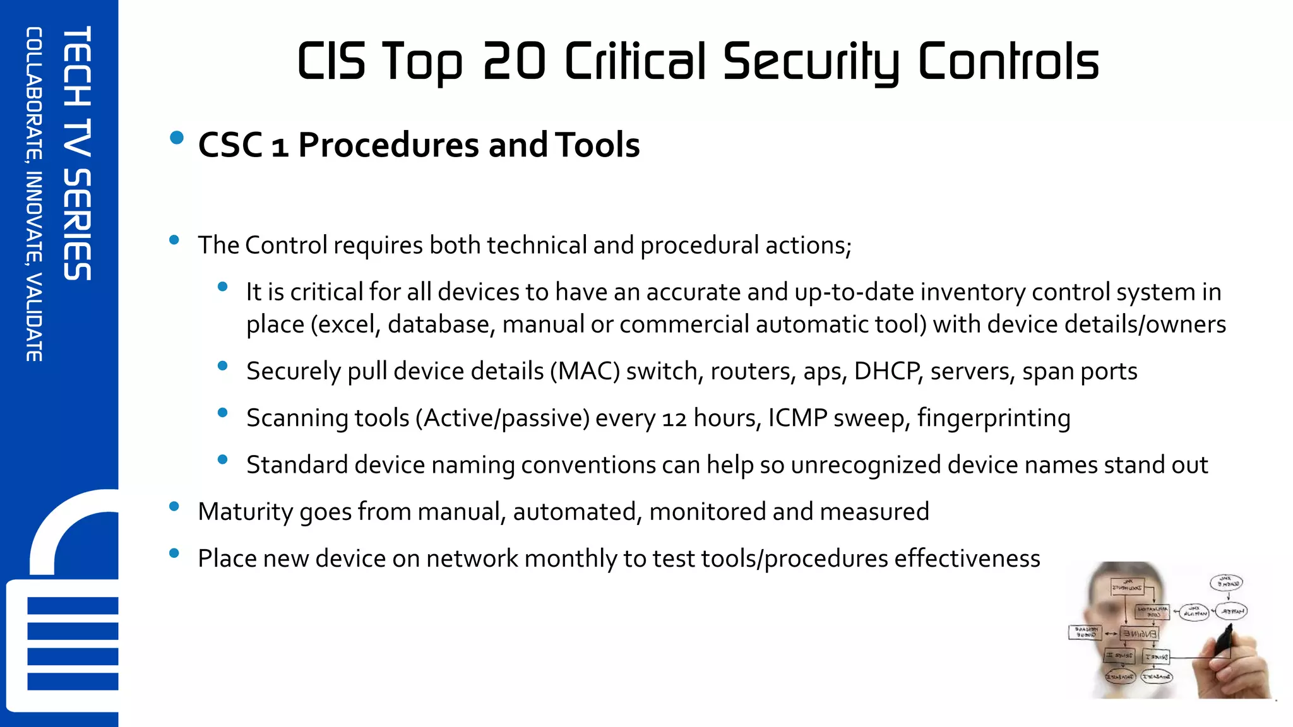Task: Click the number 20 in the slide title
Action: [x=514, y=61]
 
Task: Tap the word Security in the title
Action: [x=811, y=62]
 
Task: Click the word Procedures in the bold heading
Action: [x=388, y=145]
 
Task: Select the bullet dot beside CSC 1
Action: [x=177, y=138]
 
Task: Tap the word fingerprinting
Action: [x=994, y=418]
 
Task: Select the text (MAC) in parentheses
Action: [x=585, y=371]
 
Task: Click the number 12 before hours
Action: [x=674, y=418]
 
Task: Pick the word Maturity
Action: [x=245, y=512]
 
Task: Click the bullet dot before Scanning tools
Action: [x=222, y=413]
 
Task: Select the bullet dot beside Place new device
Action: [x=174, y=553]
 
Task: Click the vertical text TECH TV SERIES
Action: [x=78, y=153]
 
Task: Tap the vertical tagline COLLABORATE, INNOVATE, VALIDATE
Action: [x=34, y=194]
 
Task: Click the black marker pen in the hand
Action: [x=1224, y=640]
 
